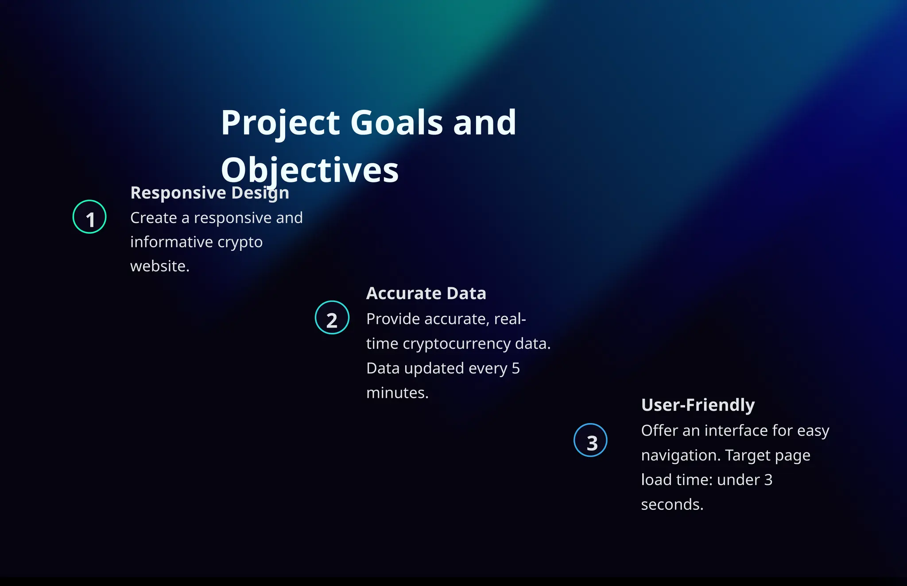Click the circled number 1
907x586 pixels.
[x=89, y=217]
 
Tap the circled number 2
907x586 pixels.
[x=332, y=317]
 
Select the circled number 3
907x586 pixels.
[x=590, y=440]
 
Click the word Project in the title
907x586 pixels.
[x=281, y=123]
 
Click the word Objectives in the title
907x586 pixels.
[x=310, y=170]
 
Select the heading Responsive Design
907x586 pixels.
[x=209, y=193]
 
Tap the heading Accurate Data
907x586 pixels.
[x=426, y=293]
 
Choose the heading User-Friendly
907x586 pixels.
[x=698, y=405]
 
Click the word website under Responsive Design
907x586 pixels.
[x=159, y=266]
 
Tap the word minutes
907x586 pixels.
[x=397, y=393]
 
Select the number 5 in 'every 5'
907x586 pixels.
[x=516, y=368]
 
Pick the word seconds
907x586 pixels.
[x=672, y=505]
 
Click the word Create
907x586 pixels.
[x=153, y=218]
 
